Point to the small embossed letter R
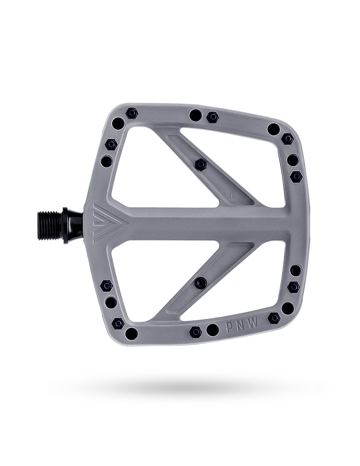(232, 194)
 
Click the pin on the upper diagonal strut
(200, 164)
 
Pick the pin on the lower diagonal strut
(200, 282)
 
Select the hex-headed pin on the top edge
(213, 117)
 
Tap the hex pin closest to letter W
(274, 317)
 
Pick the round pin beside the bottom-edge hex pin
(212, 329)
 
